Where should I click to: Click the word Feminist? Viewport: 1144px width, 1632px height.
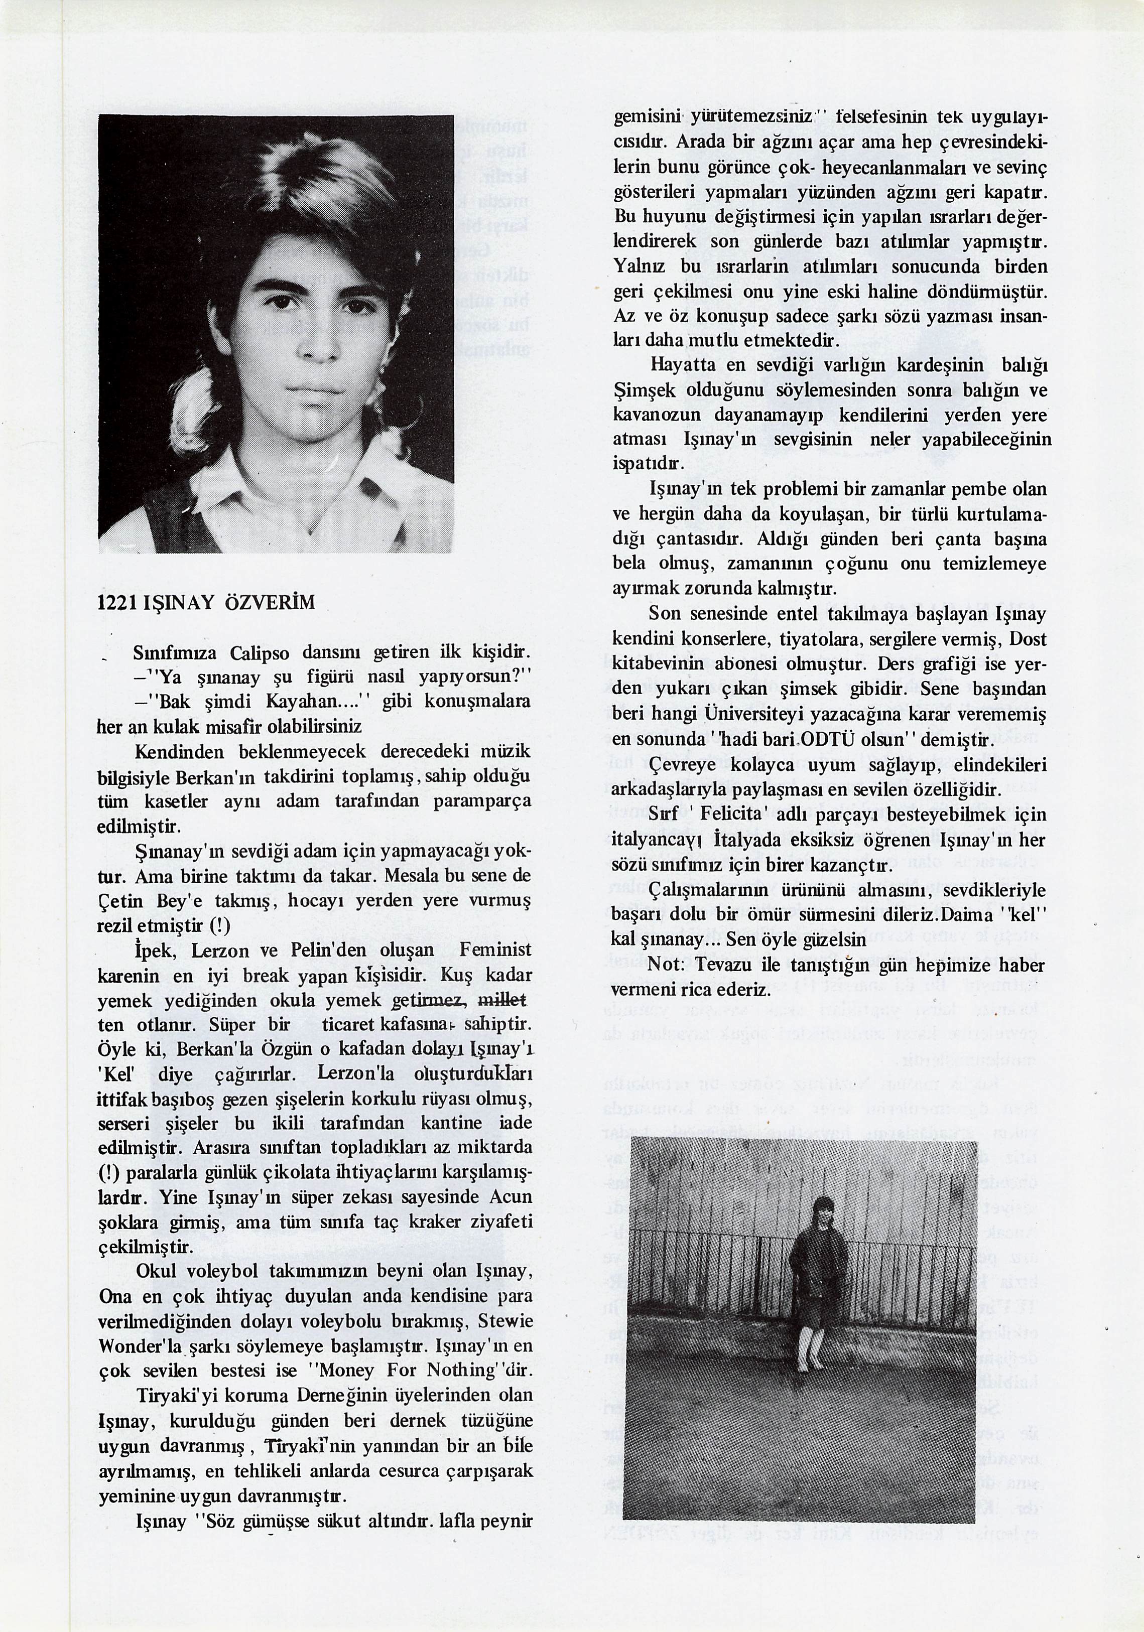point(495,950)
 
